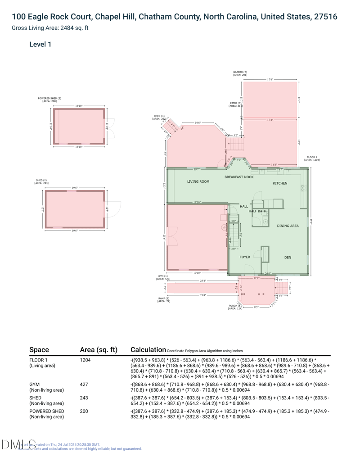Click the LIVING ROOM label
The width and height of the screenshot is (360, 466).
[198, 181]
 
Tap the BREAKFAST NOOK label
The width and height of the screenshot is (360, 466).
[239, 177]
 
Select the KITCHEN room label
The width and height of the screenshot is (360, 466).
[279, 183]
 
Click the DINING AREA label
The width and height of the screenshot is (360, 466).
[288, 226]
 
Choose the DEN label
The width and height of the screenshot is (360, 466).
[288, 258]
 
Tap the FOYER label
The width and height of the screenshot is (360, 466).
[245, 257]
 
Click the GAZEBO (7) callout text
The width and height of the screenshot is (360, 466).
[240, 73]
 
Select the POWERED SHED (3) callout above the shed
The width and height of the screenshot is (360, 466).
[49, 100]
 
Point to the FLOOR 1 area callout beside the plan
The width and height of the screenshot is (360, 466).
[311, 158]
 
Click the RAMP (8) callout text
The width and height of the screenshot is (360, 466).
[164, 299]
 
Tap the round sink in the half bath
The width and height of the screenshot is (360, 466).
[265, 222]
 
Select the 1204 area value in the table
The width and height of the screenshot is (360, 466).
[85, 360]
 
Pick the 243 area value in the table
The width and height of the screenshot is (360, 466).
[84, 398]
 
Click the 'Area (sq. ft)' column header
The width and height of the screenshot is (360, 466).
[98, 350]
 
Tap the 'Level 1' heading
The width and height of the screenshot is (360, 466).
[40, 44]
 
